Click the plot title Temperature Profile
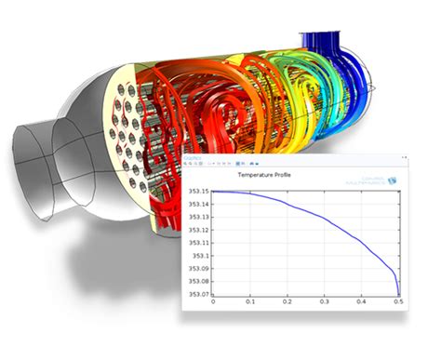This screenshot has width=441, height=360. tap(263, 175)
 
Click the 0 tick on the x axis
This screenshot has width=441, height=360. tap(213, 301)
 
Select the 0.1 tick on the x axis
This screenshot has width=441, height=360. tap(250, 301)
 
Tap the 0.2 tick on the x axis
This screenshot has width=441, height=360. tap(287, 301)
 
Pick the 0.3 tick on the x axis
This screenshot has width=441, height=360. tap(325, 301)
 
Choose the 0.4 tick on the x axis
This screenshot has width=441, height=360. tap(362, 301)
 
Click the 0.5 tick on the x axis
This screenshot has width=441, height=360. tap(398, 301)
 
